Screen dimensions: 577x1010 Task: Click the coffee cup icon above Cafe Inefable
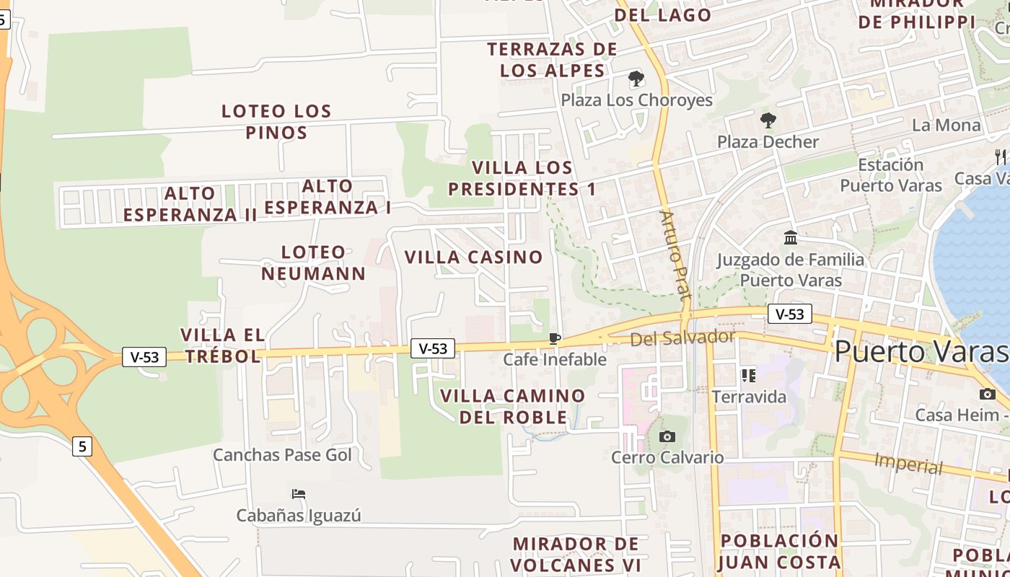(554, 338)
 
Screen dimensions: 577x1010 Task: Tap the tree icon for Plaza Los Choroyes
(636, 78)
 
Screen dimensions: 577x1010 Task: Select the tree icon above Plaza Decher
(768, 120)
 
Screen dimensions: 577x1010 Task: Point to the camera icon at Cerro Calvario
(667, 436)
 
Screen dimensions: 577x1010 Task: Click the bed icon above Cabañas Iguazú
(299, 494)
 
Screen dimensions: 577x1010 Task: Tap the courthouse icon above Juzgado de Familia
(791, 237)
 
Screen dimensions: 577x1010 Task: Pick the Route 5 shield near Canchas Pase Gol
(82, 446)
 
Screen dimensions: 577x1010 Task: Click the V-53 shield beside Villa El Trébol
(144, 356)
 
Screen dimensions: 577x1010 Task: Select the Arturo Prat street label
(675, 255)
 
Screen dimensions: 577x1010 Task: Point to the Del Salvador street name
(682, 338)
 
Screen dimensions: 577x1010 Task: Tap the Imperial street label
(908, 464)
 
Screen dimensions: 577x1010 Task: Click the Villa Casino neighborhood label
(473, 257)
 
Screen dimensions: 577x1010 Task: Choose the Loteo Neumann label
(314, 263)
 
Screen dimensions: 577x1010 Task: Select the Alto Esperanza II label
(190, 204)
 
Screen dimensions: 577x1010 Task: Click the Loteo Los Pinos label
(276, 122)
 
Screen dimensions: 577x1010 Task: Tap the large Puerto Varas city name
(921, 351)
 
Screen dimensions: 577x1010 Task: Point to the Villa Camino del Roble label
(513, 406)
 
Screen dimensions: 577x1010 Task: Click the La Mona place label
(947, 125)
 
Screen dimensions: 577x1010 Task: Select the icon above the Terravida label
(748, 375)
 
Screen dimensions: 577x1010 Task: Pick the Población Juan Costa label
(781, 551)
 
